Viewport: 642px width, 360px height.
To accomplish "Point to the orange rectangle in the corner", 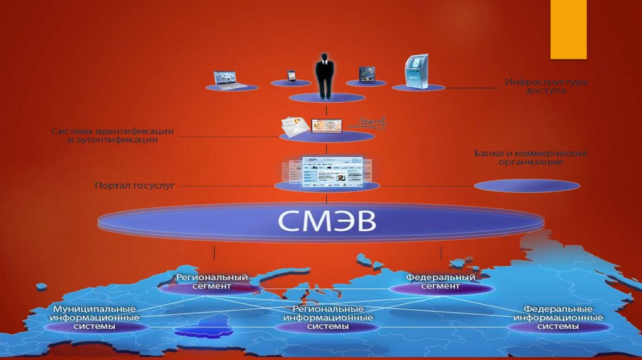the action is [568, 29].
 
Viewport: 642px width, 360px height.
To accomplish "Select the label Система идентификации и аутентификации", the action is [113, 135].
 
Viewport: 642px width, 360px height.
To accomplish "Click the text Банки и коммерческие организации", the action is [530, 157].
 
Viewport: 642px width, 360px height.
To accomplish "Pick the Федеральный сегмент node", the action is [440, 282].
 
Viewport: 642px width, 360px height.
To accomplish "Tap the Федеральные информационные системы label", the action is [558, 319].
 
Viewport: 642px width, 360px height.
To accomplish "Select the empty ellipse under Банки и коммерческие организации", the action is [527, 186].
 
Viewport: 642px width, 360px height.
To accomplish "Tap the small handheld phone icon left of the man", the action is [291, 75].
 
